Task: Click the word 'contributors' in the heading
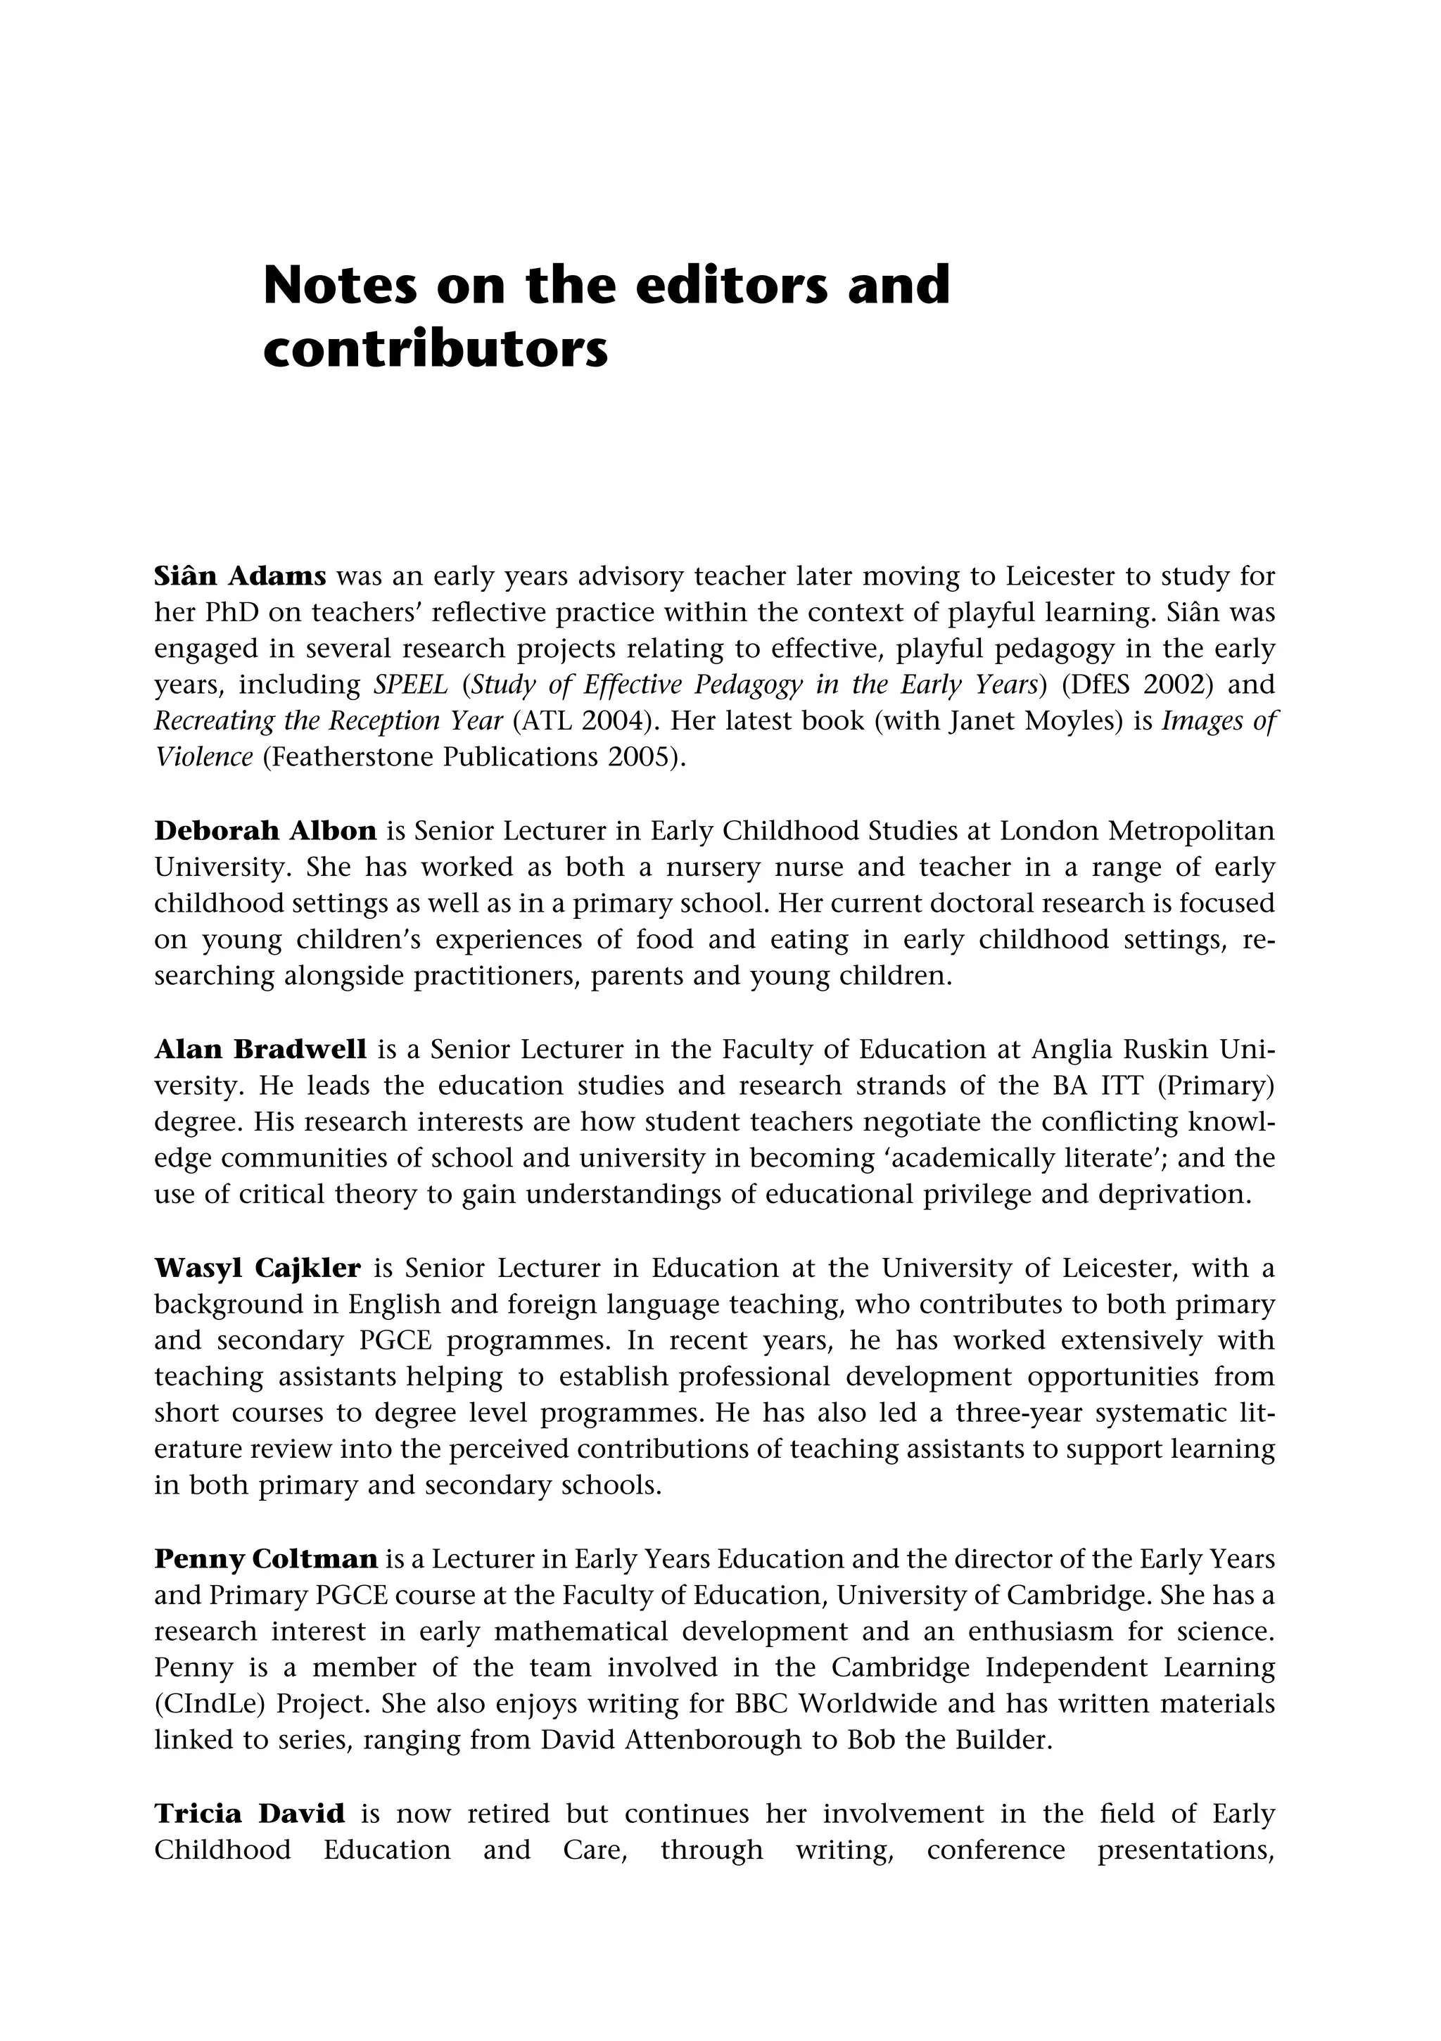coord(436,350)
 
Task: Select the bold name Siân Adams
coord(240,577)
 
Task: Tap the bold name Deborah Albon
coord(265,831)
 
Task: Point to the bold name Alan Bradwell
coord(260,1050)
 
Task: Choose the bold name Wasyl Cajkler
coord(258,1268)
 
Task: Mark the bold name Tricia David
coord(250,1814)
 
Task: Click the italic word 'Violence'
coord(203,758)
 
